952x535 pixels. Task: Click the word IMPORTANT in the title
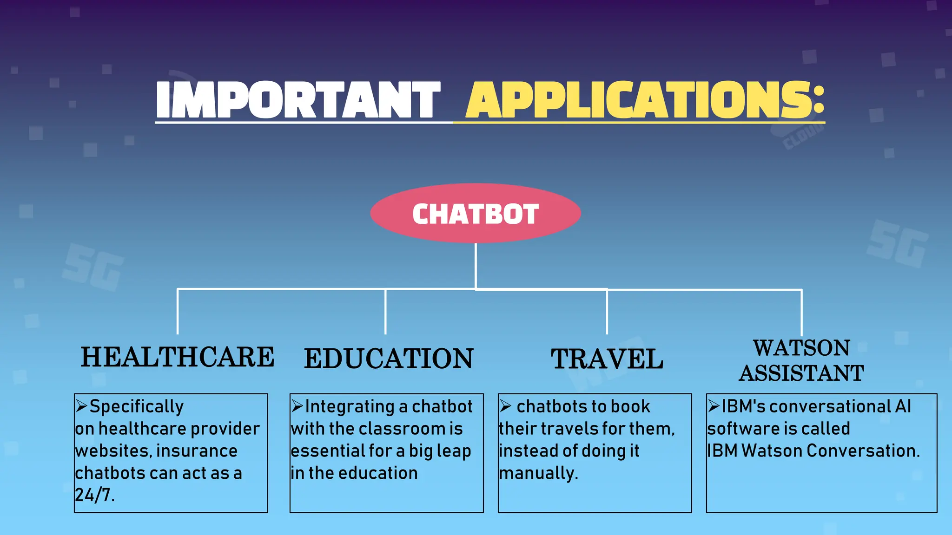click(298, 99)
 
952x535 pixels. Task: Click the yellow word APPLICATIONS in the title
click(645, 99)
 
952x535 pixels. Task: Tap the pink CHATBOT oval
click(476, 214)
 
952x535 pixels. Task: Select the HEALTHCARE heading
click(178, 358)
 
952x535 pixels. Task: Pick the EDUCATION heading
click(389, 359)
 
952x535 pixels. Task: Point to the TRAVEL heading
click(607, 359)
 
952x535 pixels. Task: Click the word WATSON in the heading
click(801, 348)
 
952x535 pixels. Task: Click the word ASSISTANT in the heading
click(801, 373)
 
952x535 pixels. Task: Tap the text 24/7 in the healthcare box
click(93, 496)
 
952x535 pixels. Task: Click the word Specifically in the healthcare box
click(137, 407)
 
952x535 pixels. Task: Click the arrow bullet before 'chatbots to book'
click(506, 407)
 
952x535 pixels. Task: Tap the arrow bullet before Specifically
click(81, 406)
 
